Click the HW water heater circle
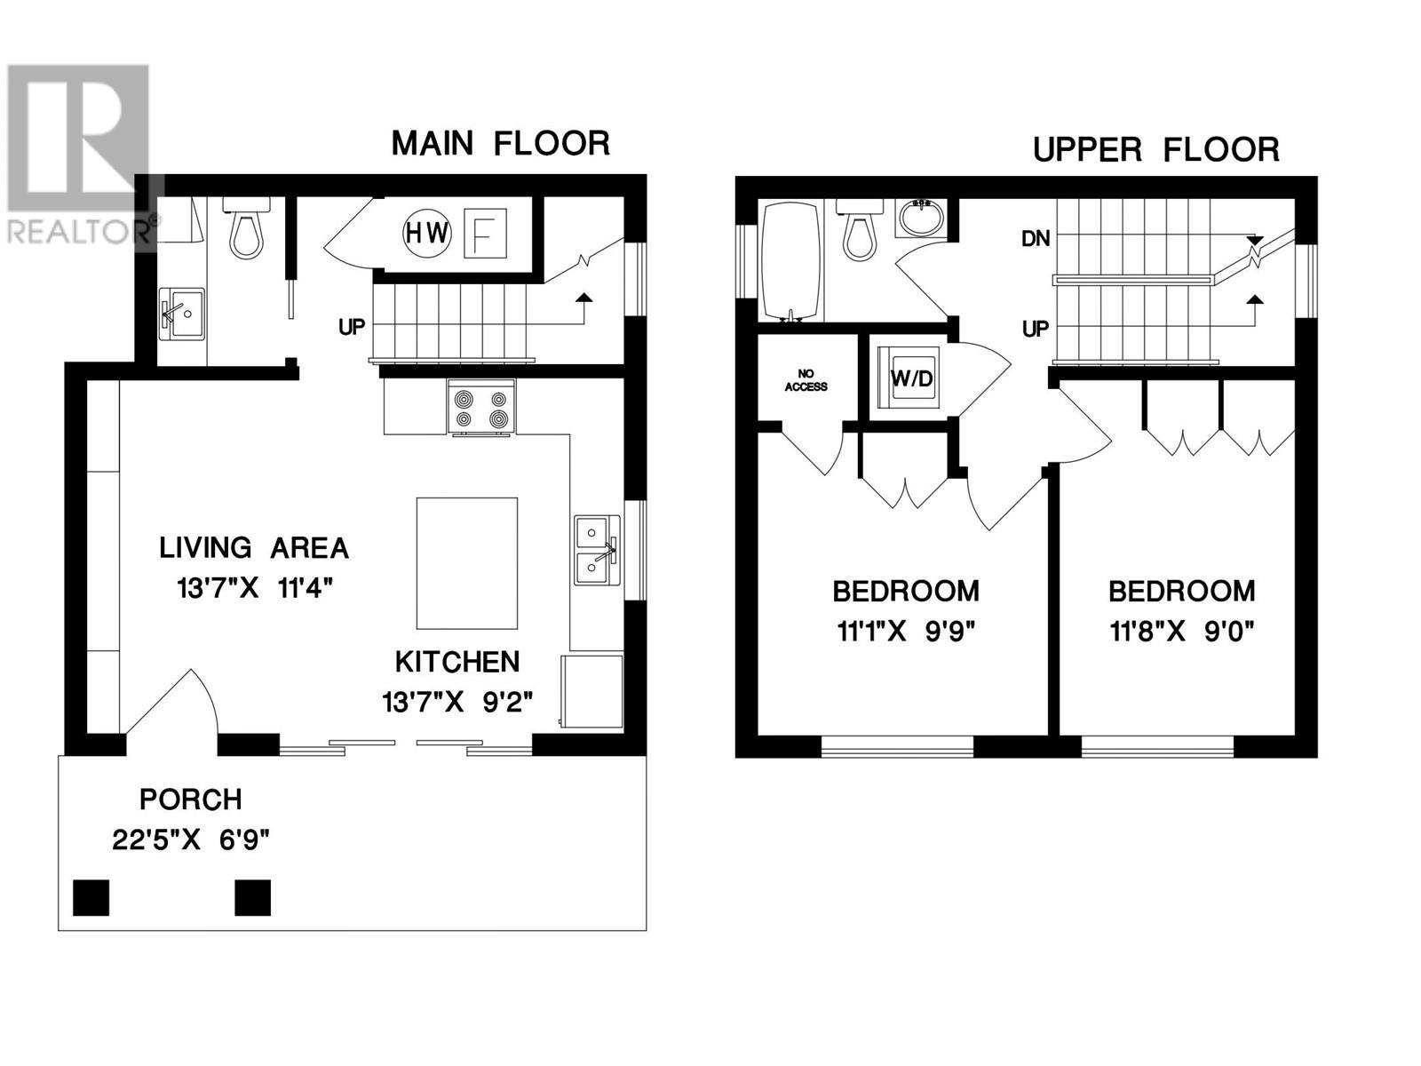(x=428, y=234)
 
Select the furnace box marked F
(x=487, y=234)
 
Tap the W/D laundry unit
(x=911, y=378)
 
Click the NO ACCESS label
(x=806, y=380)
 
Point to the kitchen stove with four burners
(x=481, y=407)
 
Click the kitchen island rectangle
(x=467, y=563)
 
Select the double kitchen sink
(x=596, y=550)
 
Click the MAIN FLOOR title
(x=501, y=144)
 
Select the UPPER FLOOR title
(x=1155, y=150)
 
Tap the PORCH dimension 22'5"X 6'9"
(x=191, y=839)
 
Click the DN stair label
(x=1036, y=238)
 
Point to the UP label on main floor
(x=352, y=327)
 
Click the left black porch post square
(x=91, y=897)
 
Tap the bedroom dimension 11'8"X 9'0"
(x=1181, y=632)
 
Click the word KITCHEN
(x=457, y=662)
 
